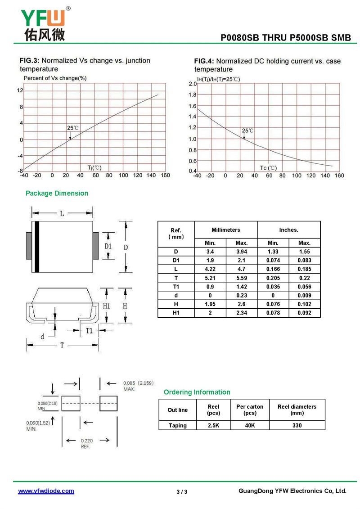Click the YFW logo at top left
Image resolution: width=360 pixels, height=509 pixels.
tap(44, 23)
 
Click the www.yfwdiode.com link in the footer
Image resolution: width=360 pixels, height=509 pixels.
tap(46, 491)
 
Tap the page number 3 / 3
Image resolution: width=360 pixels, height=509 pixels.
tap(182, 491)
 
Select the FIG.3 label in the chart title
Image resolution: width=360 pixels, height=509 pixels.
tap(30, 60)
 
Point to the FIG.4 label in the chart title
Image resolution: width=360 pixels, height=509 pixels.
tap(204, 61)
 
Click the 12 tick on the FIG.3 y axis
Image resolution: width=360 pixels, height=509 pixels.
tap(20, 90)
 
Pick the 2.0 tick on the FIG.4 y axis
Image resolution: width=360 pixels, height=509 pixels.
tap(193, 84)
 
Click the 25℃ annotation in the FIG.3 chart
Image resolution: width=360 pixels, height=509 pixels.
tap(73, 128)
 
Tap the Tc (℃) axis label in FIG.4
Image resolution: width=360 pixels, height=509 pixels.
tap(268, 168)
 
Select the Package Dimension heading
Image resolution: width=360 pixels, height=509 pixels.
tap(57, 193)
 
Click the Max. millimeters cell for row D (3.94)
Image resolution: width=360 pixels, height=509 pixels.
tap(242, 252)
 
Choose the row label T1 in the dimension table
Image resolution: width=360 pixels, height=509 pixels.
tap(176, 287)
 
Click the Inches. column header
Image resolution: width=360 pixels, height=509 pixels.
tap(288, 230)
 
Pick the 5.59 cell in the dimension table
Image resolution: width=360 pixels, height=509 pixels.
tap(242, 278)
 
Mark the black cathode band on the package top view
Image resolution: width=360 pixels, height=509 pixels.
tap(37, 247)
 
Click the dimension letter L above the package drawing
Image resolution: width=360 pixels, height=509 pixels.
tap(62, 214)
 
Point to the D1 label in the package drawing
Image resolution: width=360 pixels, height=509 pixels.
tap(108, 246)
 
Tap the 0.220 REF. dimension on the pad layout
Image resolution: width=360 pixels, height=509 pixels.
tap(86, 443)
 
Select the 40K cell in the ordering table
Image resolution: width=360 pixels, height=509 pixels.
tap(250, 425)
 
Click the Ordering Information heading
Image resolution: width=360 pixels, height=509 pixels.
tap(197, 392)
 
